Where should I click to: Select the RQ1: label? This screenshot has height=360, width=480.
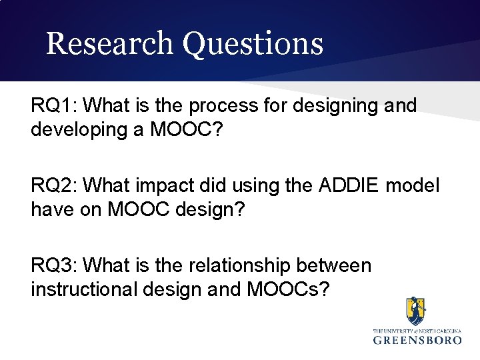click(55, 105)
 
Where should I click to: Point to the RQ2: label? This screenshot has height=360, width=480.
click(55, 185)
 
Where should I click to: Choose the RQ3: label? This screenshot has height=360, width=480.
click(55, 265)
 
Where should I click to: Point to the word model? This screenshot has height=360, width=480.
click(414, 185)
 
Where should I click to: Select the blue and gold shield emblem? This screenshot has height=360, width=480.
click(417, 311)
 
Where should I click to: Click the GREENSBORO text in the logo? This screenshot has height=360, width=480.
click(417, 340)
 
